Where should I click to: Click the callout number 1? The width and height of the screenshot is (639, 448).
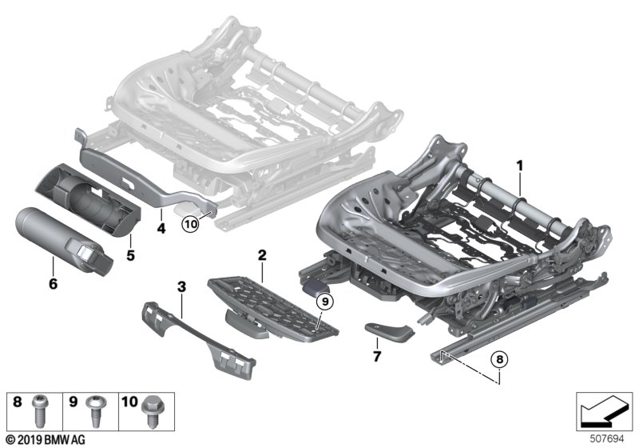[x=518, y=167]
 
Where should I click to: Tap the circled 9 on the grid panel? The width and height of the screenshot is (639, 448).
[x=324, y=302]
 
